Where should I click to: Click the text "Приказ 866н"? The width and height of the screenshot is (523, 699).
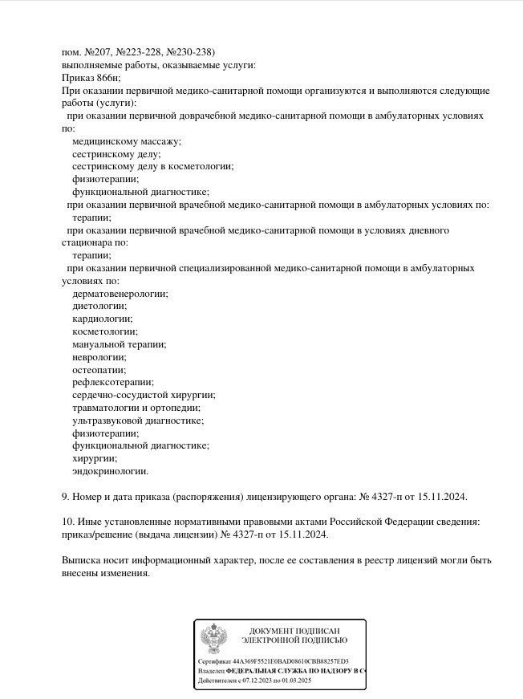(x=91, y=78)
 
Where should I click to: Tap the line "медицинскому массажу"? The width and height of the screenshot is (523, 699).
(x=126, y=141)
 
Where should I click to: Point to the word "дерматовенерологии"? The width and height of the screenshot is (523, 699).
(x=120, y=294)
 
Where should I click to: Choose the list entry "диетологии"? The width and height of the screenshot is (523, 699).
(x=99, y=306)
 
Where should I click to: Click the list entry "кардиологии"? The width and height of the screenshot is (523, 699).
(x=103, y=319)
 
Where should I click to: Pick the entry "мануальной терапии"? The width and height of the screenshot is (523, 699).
(x=119, y=344)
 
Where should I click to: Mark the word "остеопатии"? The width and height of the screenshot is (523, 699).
(x=99, y=370)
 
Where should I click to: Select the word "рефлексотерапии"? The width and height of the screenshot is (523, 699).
(x=112, y=382)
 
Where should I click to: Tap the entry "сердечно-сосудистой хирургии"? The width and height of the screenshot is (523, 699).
(x=144, y=395)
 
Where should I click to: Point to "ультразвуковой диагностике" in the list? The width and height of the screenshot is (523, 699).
(x=138, y=421)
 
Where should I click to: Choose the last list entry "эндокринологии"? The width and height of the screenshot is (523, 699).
(x=110, y=471)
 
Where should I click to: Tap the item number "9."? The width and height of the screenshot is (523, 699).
(x=66, y=497)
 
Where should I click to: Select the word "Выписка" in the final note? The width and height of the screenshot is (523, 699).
(x=83, y=560)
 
